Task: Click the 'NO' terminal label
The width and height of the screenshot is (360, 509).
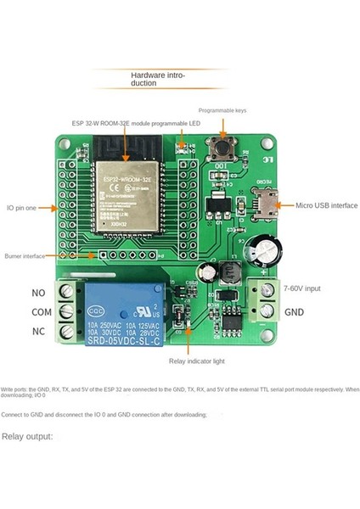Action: pos(39,292)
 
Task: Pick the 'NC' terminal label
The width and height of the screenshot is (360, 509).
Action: pos(39,331)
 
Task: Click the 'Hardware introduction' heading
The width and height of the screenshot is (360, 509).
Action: pos(157,80)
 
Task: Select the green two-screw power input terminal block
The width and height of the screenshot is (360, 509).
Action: pos(266,300)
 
